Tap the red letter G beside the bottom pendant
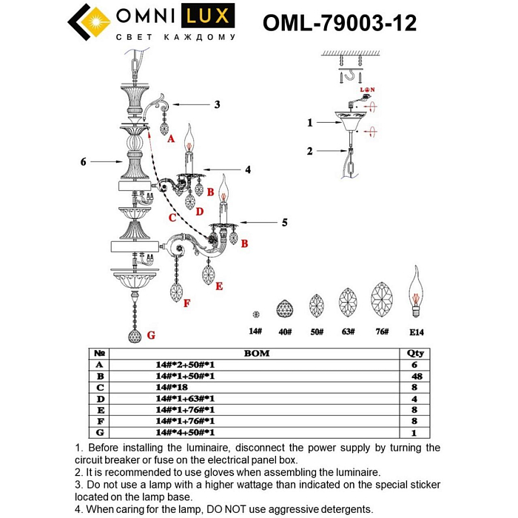point(151,335)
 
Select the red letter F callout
point(187,303)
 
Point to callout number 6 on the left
point(84,161)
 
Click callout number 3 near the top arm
point(217,104)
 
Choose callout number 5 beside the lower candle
point(283,221)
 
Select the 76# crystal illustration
point(382,299)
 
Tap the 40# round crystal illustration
point(284,307)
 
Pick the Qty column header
point(416,354)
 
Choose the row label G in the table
point(99,432)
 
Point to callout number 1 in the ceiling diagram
point(311,122)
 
